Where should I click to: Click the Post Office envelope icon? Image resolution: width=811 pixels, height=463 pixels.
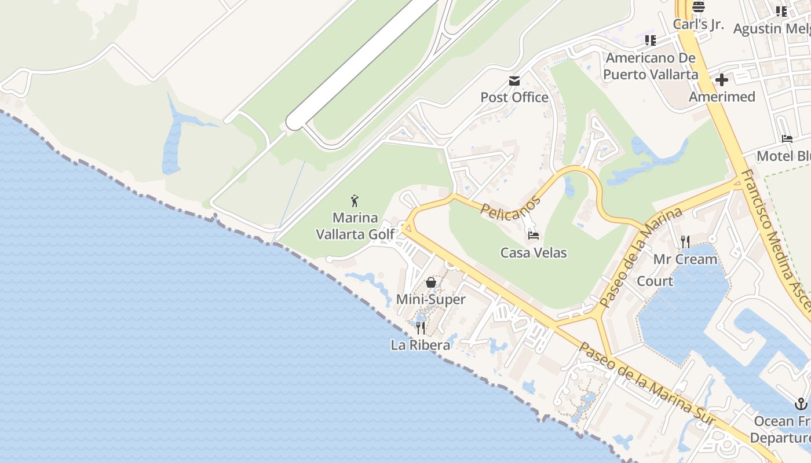tap(514, 80)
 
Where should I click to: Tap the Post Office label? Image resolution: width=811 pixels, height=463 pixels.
tap(514, 97)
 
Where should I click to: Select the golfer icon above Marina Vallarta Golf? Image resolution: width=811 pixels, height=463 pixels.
tap(355, 201)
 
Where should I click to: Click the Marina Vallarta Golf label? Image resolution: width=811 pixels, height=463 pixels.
tap(355, 226)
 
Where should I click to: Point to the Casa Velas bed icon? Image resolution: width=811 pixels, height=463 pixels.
tap(534, 235)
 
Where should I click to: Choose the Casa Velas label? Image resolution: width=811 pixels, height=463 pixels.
tap(534, 253)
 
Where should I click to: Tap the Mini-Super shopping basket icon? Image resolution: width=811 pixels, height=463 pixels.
tap(431, 282)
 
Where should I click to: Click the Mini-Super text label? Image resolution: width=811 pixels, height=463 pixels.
tap(431, 300)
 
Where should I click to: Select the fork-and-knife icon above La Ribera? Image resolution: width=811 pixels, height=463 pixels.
tap(421, 328)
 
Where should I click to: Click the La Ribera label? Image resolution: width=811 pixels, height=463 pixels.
tap(421, 346)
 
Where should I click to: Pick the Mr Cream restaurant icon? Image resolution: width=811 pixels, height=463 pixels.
tap(685, 241)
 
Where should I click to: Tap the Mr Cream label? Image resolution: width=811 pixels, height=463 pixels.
tap(685, 259)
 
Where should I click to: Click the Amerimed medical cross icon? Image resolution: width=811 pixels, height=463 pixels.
tap(722, 80)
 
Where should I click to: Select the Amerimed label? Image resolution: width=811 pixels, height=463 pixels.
tap(722, 97)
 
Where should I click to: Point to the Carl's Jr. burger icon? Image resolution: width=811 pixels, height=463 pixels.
tap(699, 7)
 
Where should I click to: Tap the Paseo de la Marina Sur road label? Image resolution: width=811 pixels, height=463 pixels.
tap(646, 384)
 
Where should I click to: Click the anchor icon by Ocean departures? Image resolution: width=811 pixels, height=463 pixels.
tap(801, 403)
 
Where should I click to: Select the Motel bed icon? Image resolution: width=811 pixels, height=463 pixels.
tap(787, 138)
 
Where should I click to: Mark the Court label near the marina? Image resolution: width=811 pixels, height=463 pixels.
tap(655, 281)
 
